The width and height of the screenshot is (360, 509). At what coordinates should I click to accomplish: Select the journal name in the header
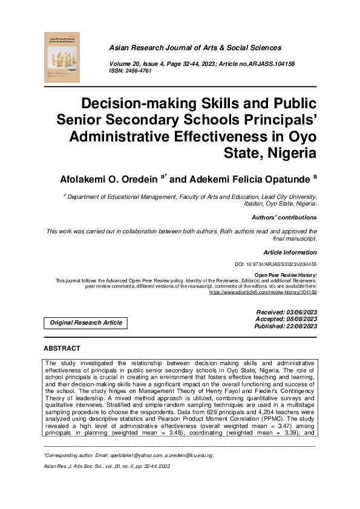click(195, 48)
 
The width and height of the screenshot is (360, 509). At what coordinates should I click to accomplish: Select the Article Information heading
click(290, 252)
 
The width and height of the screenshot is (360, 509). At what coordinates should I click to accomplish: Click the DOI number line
click(275, 265)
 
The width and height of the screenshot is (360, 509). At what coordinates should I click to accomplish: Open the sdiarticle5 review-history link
click(263, 291)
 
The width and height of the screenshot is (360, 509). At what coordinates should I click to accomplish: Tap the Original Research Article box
click(86, 323)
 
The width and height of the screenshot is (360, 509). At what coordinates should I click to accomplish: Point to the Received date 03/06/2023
click(287, 311)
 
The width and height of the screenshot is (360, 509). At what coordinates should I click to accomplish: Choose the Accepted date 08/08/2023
click(287, 319)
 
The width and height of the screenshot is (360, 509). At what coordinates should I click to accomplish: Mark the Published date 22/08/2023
click(286, 326)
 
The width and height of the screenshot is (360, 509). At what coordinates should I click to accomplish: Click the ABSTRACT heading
click(62, 349)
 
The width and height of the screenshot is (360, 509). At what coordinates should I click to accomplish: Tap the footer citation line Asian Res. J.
click(106, 467)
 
